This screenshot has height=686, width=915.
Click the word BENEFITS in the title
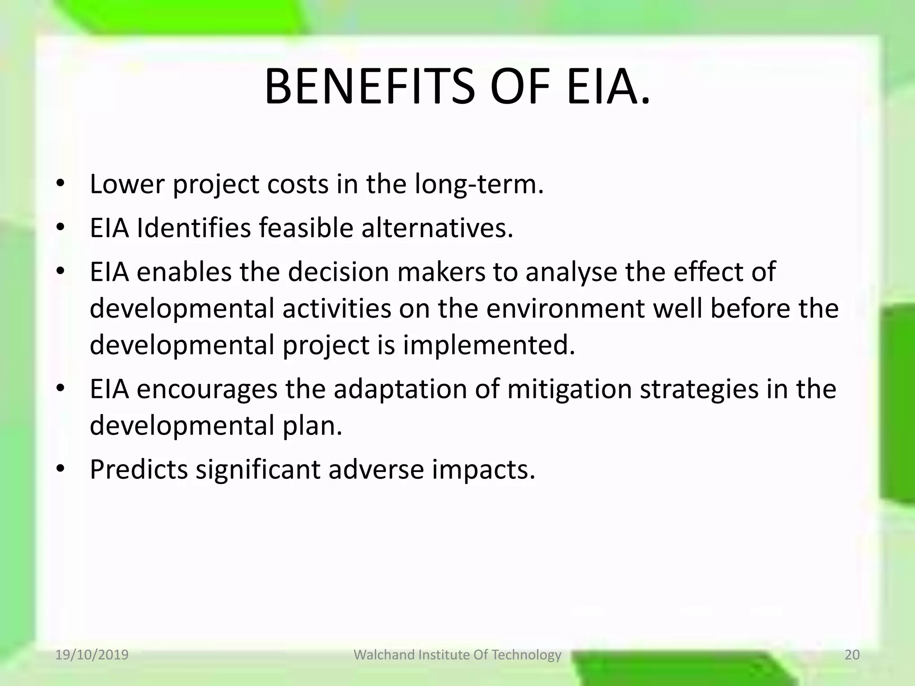coord(369,87)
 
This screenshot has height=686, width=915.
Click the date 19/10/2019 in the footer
coord(92,655)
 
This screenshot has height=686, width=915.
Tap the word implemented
coord(489,345)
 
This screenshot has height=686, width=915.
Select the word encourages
coord(207,389)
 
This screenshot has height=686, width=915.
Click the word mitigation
coord(569,389)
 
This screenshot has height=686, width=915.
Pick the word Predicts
coord(139,470)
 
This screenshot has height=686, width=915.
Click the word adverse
coord(376,470)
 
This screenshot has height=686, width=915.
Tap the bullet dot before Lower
coord(61,184)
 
